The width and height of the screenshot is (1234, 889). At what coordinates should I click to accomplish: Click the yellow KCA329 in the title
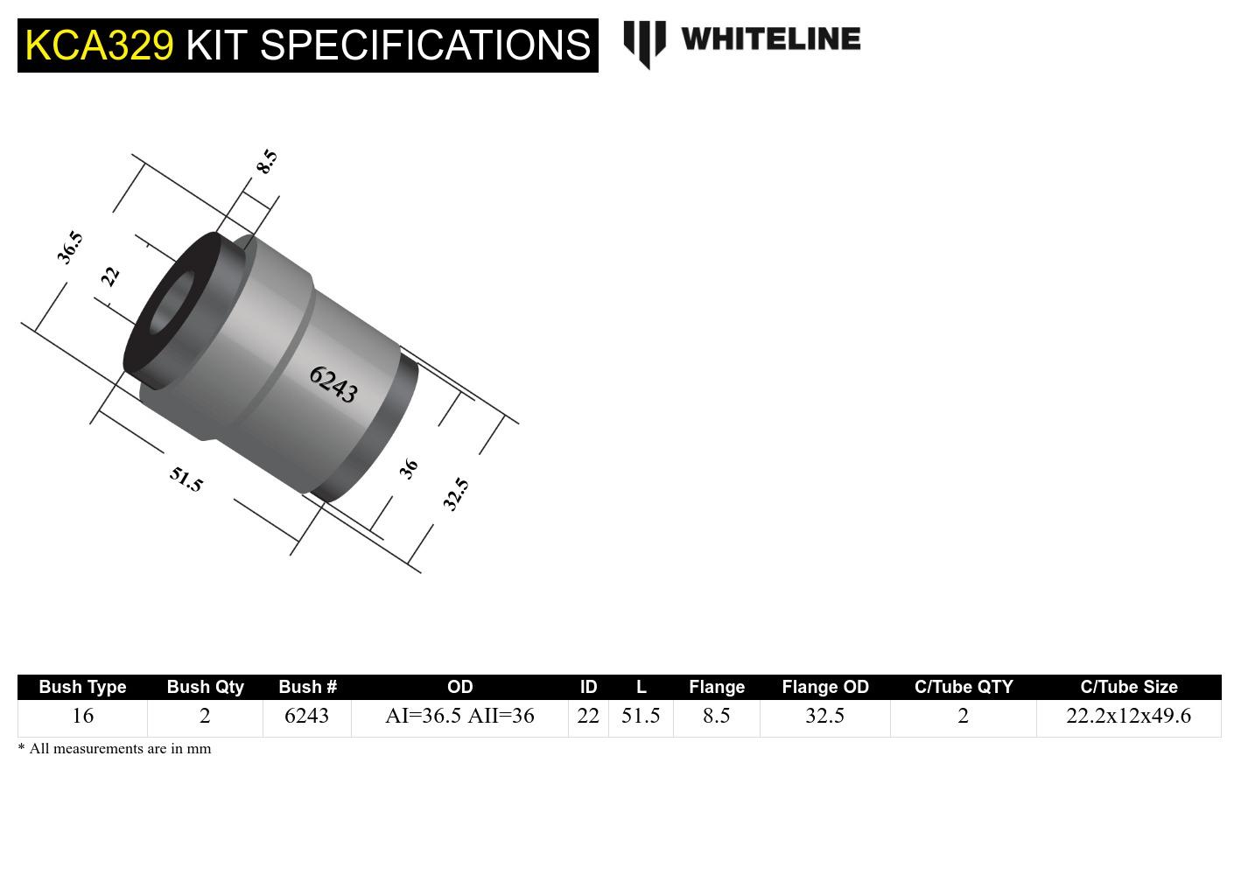click(99, 45)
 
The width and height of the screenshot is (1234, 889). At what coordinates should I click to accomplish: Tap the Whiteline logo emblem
click(644, 43)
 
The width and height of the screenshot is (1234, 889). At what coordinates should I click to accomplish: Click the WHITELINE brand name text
click(770, 39)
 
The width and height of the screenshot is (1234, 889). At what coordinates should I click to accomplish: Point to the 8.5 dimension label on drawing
click(266, 162)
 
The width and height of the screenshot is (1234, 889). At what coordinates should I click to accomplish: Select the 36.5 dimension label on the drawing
click(70, 247)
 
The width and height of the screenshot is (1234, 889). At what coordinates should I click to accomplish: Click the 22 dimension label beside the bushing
click(109, 276)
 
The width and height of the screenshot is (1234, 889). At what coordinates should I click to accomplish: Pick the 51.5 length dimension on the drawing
click(186, 479)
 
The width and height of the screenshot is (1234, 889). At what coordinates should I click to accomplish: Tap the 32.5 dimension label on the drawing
click(455, 494)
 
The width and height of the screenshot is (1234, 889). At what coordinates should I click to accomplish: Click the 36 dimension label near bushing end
click(408, 469)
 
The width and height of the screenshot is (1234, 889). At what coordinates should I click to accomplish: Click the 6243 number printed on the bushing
click(333, 384)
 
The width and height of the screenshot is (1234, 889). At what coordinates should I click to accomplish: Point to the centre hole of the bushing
click(172, 304)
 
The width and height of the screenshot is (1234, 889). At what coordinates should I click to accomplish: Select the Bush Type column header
click(82, 687)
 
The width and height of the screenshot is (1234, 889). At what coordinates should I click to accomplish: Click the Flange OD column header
click(824, 687)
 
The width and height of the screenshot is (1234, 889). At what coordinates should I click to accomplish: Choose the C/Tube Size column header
click(1128, 687)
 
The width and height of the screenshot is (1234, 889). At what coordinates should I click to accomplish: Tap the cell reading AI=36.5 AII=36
click(459, 717)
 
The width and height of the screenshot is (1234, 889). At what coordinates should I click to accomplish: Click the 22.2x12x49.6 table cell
click(1128, 717)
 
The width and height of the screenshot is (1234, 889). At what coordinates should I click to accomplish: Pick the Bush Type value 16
click(82, 717)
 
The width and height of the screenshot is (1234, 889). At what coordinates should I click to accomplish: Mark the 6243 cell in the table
click(306, 717)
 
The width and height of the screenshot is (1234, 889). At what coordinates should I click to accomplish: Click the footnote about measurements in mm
click(115, 749)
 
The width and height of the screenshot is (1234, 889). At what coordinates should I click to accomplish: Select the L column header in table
click(641, 687)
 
